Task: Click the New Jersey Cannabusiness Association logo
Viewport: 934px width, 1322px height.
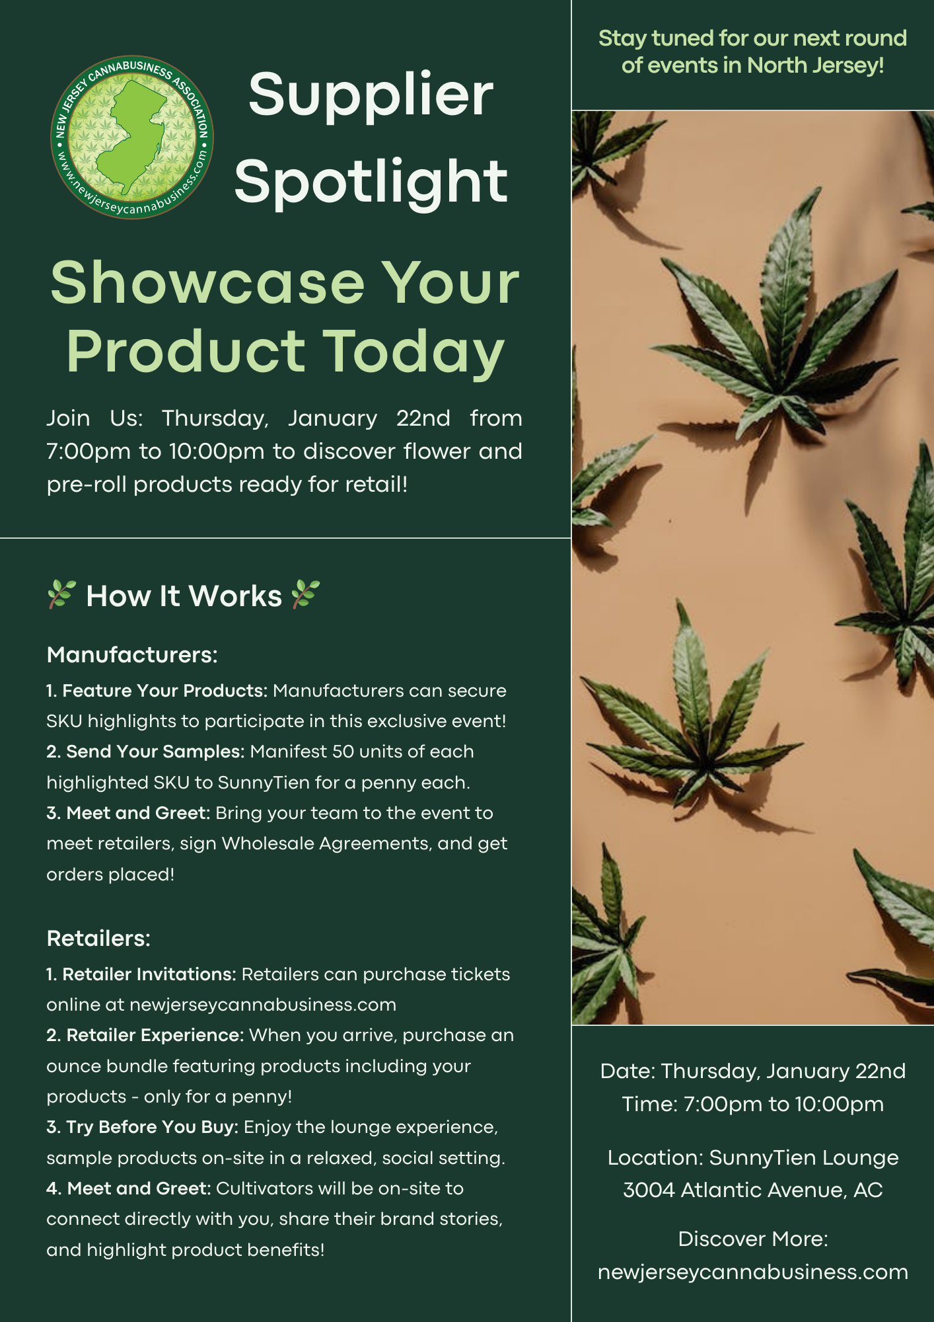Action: pyautogui.click(x=132, y=137)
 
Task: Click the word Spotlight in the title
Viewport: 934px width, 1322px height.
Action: pyautogui.click(x=371, y=183)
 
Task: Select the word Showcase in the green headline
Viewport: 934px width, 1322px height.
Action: pyautogui.click(x=207, y=282)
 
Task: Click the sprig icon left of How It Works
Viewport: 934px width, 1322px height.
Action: pyautogui.click(x=61, y=594)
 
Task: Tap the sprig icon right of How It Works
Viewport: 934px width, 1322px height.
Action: pyautogui.click(x=306, y=594)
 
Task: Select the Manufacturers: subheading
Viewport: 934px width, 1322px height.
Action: pyautogui.click(x=132, y=655)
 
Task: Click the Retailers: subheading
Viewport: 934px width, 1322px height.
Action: pyautogui.click(x=98, y=939)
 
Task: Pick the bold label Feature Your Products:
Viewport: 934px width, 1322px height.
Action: pyautogui.click(x=157, y=691)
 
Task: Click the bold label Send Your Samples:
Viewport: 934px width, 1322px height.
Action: pyautogui.click(x=145, y=752)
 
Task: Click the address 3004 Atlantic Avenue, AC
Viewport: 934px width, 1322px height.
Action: pyautogui.click(x=753, y=1190)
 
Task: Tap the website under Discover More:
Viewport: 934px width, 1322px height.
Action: pyautogui.click(x=753, y=1273)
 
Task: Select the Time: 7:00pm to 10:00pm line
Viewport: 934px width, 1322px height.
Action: pyautogui.click(x=753, y=1105)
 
